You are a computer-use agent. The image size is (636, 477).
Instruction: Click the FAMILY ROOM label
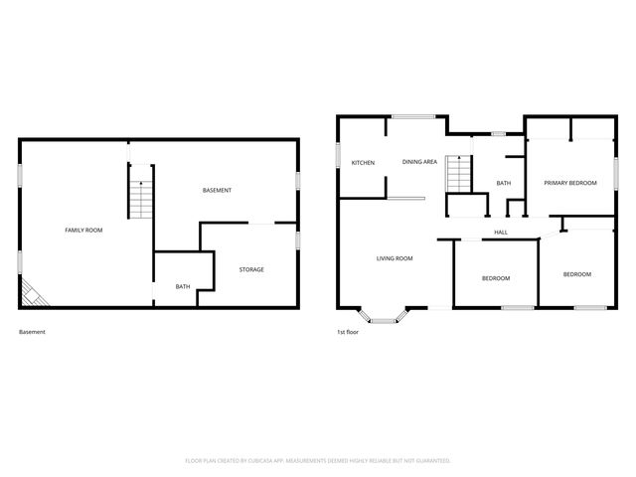point(83,230)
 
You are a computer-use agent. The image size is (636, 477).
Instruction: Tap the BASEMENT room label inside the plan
point(217,190)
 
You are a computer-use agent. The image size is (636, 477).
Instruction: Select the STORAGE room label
point(250,269)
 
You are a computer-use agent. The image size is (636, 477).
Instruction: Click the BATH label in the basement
point(183,287)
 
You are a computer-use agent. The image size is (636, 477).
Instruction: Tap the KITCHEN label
point(362,162)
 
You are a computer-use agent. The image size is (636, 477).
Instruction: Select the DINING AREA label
point(419,161)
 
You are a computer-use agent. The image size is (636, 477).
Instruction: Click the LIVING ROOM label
point(395,258)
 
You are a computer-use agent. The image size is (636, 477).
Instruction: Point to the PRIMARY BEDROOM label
point(569,183)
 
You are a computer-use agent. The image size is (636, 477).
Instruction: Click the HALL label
point(501,233)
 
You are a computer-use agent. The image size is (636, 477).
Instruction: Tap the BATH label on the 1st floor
point(504,183)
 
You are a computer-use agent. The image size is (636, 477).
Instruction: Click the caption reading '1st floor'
point(349,332)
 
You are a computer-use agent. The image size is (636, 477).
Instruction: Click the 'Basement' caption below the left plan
point(32,332)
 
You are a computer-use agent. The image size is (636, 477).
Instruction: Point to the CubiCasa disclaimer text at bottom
point(318,460)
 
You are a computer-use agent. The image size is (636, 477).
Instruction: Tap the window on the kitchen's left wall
point(337,156)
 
